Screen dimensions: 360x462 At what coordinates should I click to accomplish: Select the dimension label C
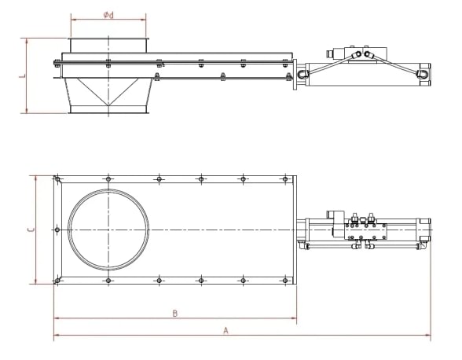point(28,230)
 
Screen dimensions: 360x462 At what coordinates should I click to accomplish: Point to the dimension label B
point(174,313)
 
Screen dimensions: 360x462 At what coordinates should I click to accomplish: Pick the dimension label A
point(225,331)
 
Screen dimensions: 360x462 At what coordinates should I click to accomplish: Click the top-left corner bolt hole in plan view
point(57,180)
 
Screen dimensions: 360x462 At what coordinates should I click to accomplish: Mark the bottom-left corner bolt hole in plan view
point(57,280)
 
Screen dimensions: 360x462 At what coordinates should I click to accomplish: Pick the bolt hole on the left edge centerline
point(57,230)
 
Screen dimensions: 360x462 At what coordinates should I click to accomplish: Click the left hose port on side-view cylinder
point(304,72)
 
